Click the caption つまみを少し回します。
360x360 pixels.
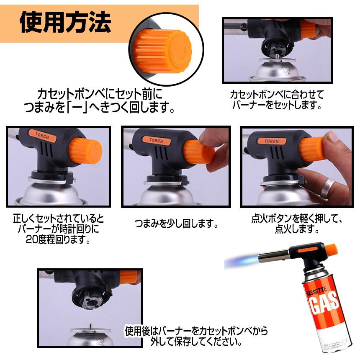176,224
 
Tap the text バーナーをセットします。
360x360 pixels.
277,105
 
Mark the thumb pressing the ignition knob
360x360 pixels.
335,142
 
